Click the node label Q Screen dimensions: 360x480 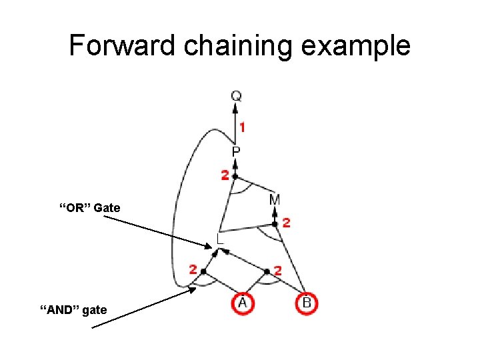237,96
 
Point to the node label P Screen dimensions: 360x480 236,152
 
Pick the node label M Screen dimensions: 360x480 275,200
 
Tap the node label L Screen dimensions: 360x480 220,238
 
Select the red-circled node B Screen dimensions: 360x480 307,303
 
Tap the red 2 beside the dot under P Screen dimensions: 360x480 225,175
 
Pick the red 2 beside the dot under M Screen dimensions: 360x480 286,223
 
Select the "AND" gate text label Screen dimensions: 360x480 73,310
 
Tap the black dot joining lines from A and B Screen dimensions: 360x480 267,271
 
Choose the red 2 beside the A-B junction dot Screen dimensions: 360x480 277,271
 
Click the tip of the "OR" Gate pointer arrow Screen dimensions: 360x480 218,251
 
